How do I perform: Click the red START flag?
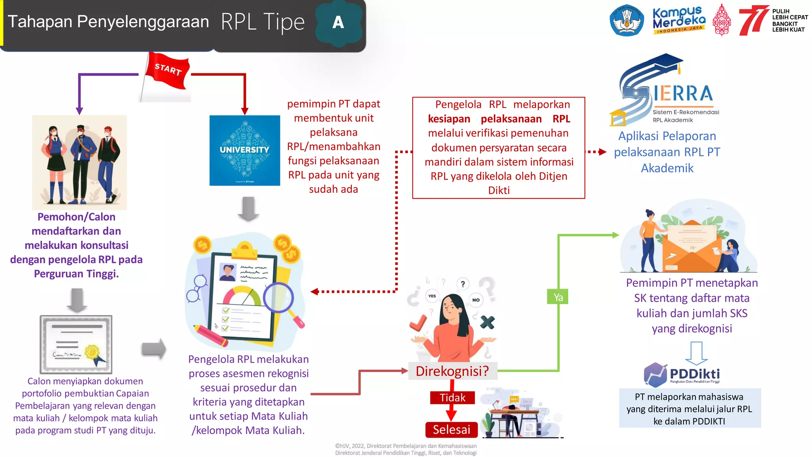167,71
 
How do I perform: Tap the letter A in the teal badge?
338,23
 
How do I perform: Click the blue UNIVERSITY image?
245,150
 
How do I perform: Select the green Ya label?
558,297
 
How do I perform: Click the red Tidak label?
452,397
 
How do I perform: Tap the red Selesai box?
452,429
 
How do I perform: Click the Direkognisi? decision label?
452,371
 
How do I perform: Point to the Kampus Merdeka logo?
679,20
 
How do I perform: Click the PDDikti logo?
682,374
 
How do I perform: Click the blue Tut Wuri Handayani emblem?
627,21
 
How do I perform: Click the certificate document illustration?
76,344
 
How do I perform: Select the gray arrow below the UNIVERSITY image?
248,209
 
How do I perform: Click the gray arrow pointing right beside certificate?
154,349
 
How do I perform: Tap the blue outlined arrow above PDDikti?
696,353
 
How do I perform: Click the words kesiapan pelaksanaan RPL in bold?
499,119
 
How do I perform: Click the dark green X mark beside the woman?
487,322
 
